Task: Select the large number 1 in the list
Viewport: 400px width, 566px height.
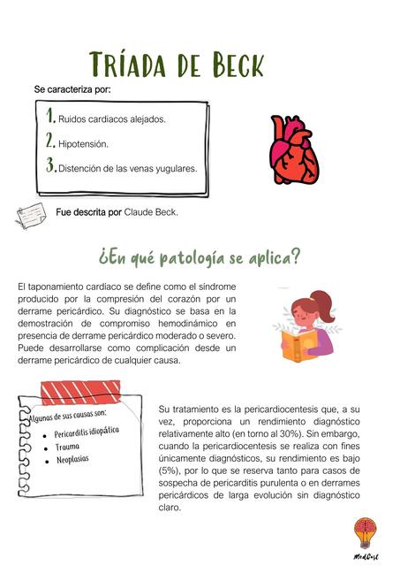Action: (51, 116)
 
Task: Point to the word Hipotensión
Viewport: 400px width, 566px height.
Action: (84, 143)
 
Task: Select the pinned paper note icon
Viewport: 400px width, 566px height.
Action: (34, 215)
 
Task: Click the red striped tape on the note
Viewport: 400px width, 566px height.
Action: (80, 390)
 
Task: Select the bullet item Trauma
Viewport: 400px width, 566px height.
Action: (67, 447)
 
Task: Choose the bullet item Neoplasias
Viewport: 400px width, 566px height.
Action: (73, 460)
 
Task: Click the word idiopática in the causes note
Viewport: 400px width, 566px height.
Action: (100, 431)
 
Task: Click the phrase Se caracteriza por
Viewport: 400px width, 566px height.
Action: (72, 90)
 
